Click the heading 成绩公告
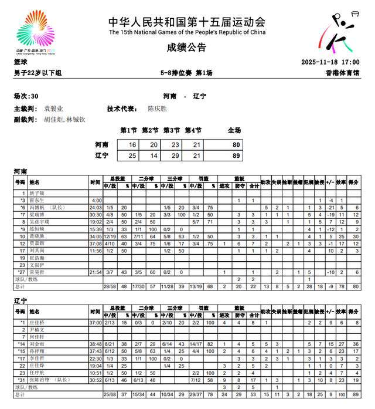[187, 48]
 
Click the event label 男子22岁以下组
[37, 73]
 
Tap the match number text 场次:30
[26, 96]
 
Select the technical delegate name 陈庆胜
[157, 109]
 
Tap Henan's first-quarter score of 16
[132, 144]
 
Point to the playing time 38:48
[96, 344]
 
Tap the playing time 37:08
[96, 244]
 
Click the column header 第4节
[193, 130]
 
